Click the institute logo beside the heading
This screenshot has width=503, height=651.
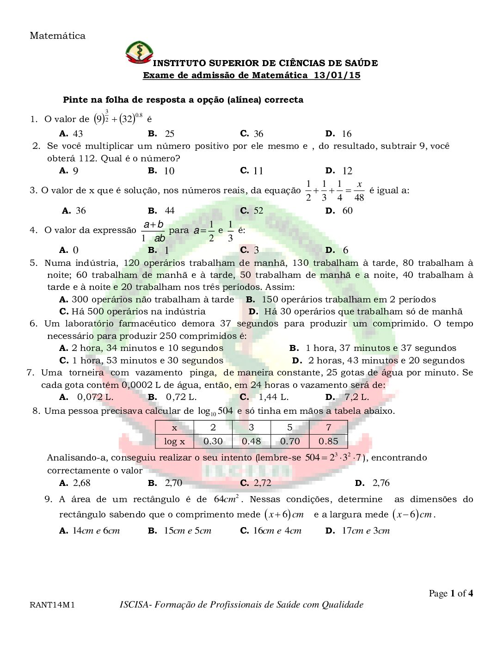click(139, 53)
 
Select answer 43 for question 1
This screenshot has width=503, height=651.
click(77, 134)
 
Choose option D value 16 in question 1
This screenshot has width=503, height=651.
click(346, 134)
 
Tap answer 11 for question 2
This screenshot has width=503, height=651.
click(258, 171)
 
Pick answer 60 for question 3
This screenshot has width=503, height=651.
click(347, 211)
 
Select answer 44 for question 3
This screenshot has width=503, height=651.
click(169, 211)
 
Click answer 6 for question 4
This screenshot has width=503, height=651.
click(345, 251)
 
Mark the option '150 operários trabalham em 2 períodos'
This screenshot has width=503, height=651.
click(348, 300)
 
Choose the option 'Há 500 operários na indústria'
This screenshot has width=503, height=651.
click(138, 312)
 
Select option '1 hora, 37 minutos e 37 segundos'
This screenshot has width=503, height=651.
click(380, 348)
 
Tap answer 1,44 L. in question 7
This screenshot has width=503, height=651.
click(273, 397)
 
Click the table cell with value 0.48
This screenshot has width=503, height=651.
click(251, 442)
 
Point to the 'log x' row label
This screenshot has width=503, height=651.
click(174, 442)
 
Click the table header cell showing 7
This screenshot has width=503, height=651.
click(328, 428)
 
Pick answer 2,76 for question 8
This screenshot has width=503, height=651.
click(381, 483)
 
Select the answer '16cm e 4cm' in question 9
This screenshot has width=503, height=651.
click(277, 531)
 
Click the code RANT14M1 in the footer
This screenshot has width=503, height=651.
click(52, 605)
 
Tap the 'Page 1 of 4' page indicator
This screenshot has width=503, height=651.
click(451, 594)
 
